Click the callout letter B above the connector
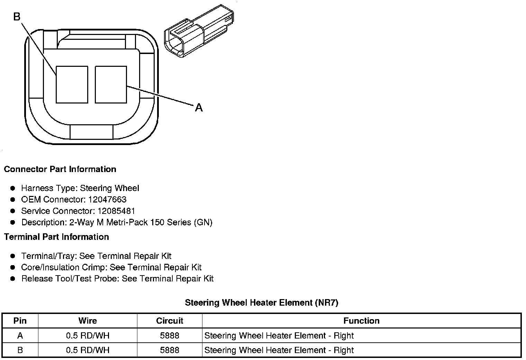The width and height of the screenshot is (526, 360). pos(17,16)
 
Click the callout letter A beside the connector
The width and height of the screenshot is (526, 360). pos(199,108)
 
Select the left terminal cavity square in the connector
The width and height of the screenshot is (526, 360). pos(72,84)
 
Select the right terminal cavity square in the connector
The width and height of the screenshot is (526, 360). pos(111,84)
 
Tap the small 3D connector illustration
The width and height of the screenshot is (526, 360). pos(199,31)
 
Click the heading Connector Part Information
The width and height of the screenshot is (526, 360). pos(60,169)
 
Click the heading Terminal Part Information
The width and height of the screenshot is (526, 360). pos(56,237)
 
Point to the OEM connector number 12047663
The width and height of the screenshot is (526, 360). pos(107,200)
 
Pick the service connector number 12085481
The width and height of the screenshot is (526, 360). pos(116,211)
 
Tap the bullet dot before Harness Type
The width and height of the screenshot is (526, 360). pos(13,188)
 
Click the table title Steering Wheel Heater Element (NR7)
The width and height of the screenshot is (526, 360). pos(261,303)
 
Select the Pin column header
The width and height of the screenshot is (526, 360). pos(20,321)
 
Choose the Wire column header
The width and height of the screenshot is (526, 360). pos(88,321)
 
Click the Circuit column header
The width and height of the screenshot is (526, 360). pos(170,321)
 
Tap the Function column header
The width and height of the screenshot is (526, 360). pos(361,321)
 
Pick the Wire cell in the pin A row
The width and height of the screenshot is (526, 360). pos(88,336)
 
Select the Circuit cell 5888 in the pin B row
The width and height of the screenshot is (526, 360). pos(170,350)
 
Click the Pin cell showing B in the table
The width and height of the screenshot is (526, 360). pos(20,350)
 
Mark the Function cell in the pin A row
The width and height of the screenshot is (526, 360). pos(279,336)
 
